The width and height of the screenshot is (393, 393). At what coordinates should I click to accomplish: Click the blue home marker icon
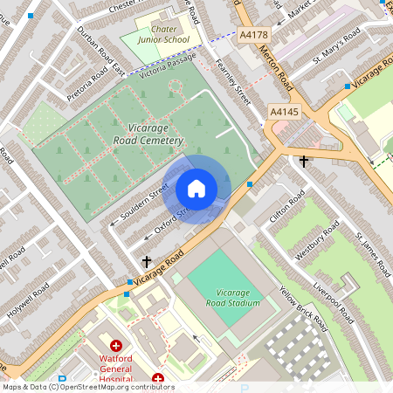coord(196,189)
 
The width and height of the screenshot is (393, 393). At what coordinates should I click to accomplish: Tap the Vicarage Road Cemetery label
coord(148,134)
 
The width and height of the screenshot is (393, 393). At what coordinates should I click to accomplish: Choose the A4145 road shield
coord(285,112)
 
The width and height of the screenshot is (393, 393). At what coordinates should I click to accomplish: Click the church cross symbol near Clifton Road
coord(304,162)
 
